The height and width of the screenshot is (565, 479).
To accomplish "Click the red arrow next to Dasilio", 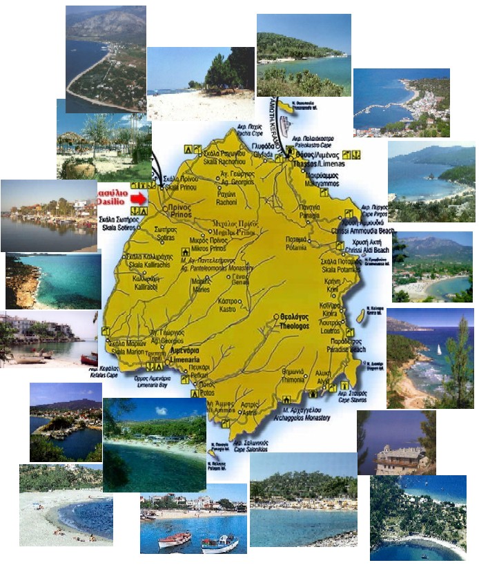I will point(139,198).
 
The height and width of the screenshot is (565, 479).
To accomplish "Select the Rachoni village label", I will point(227,201).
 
